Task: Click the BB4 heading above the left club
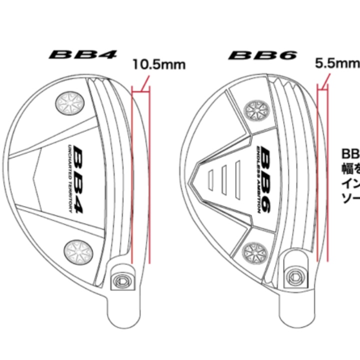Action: tap(83, 53)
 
